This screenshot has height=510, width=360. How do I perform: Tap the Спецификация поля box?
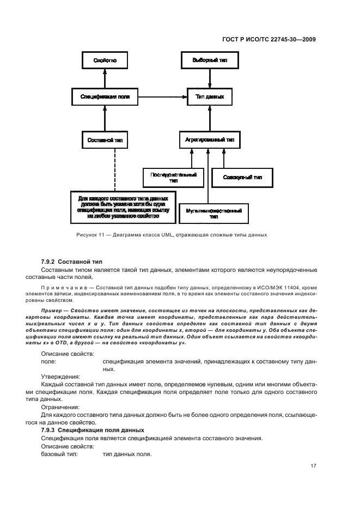click(x=105, y=96)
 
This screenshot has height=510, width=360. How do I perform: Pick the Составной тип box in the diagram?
click(x=105, y=139)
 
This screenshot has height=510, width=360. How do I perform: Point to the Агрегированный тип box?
click(x=209, y=139)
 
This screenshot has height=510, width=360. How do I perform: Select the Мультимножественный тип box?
click(x=213, y=212)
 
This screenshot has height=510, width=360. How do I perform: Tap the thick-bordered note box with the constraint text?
click(x=123, y=207)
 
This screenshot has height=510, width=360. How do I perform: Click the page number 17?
click(x=313, y=466)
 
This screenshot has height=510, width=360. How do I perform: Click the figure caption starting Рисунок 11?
click(x=169, y=235)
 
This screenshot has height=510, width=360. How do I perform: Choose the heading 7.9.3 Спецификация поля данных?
click(x=93, y=430)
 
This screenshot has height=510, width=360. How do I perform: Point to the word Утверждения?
click(x=59, y=376)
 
